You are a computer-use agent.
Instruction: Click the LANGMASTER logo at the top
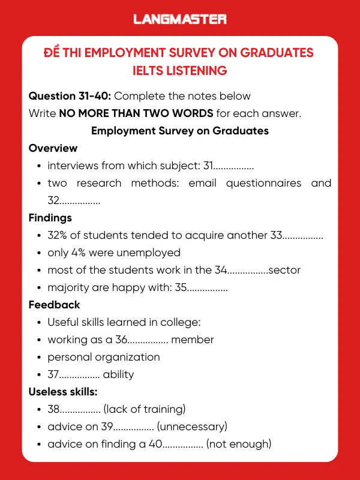(x=180, y=19)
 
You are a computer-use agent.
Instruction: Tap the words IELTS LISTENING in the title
(x=180, y=71)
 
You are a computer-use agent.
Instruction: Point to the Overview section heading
(x=53, y=148)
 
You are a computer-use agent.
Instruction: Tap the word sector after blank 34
(x=284, y=270)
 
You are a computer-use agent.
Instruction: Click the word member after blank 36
(x=193, y=340)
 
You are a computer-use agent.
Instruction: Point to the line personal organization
(x=104, y=357)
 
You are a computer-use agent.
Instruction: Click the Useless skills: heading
(x=63, y=392)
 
